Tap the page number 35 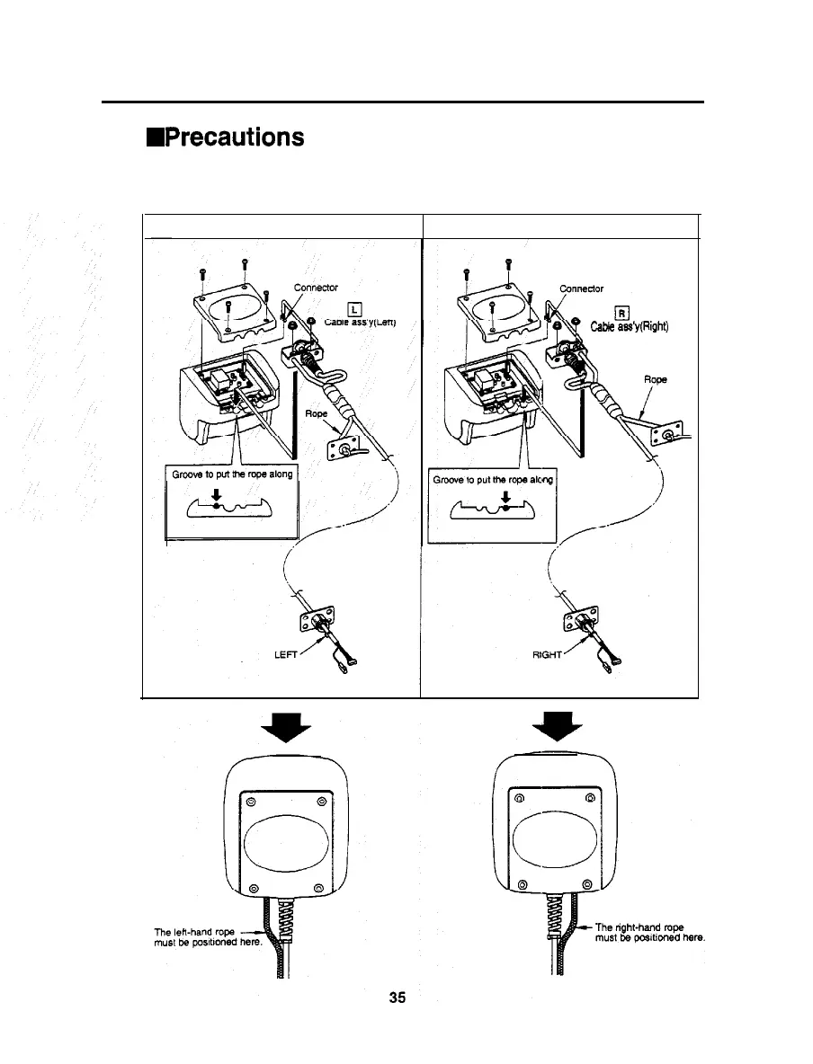(x=398, y=997)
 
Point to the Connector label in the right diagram (x=582, y=288)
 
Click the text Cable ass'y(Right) (x=634, y=326)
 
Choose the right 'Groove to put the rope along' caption (x=491, y=480)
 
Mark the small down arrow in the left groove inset (x=216, y=493)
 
